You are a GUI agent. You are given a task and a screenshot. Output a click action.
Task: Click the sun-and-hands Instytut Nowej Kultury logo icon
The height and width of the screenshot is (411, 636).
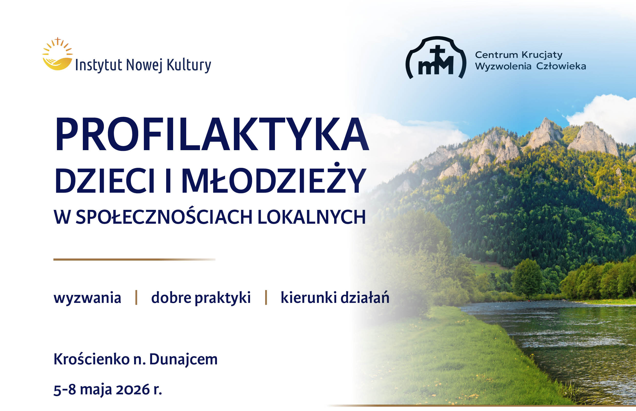[x=57, y=54]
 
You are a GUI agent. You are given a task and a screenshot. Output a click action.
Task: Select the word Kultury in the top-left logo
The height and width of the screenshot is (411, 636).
[x=188, y=65]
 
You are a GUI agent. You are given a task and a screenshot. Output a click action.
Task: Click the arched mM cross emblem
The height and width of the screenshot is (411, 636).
[x=436, y=57]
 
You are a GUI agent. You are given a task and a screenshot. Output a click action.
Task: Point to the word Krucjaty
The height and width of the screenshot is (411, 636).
[x=542, y=55]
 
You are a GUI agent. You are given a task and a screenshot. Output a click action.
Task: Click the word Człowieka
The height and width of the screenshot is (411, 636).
[x=561, y=66]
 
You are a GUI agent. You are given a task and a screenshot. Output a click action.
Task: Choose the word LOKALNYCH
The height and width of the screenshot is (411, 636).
[x=311, y=217]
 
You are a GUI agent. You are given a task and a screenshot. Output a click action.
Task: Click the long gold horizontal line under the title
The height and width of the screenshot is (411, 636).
[x=134, y=259]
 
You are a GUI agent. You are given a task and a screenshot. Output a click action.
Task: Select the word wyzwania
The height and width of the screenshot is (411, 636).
[x=87, y=298]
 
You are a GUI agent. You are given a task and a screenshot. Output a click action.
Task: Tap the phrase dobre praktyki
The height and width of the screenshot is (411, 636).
[x=201, y=298]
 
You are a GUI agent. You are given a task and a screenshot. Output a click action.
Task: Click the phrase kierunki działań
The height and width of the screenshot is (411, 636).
[x=335, y=297]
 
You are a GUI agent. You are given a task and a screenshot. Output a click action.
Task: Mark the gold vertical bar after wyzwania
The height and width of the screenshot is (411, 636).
[x=136, y=297]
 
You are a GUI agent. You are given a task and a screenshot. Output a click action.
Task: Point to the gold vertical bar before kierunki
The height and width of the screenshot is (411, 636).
[x=266, y=297]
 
